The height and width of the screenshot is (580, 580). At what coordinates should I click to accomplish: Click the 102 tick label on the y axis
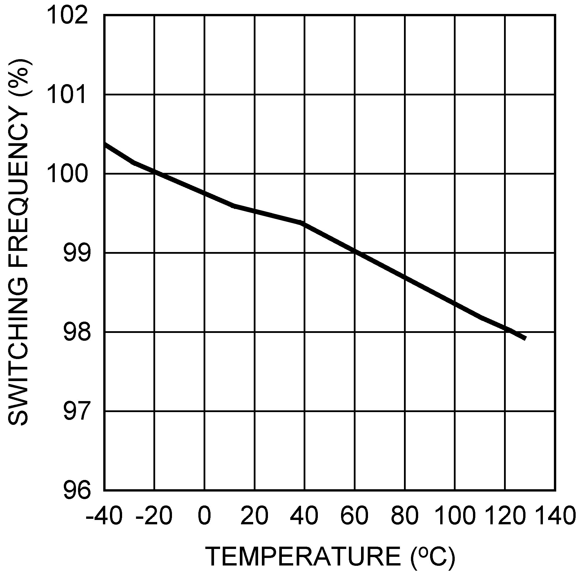click(x=68, y=16)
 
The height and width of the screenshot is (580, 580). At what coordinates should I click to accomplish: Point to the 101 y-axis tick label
click(x=68, y=95)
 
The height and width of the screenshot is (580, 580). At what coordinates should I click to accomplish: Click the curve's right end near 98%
click(x=525, y=338)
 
